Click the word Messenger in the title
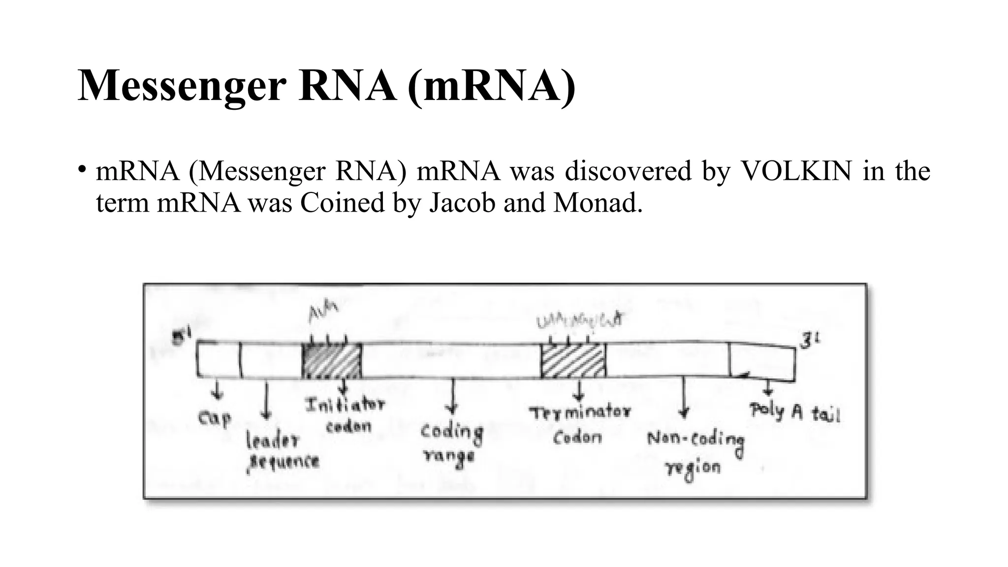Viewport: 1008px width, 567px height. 182,87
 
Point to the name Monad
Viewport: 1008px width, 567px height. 598,202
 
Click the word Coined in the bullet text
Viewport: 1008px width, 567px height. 343,202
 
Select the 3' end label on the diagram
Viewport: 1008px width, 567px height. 809,341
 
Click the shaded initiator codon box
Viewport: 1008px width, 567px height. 331,361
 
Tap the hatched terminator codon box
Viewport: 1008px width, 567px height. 573,361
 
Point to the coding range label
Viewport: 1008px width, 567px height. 451,443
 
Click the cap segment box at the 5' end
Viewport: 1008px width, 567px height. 219,360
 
